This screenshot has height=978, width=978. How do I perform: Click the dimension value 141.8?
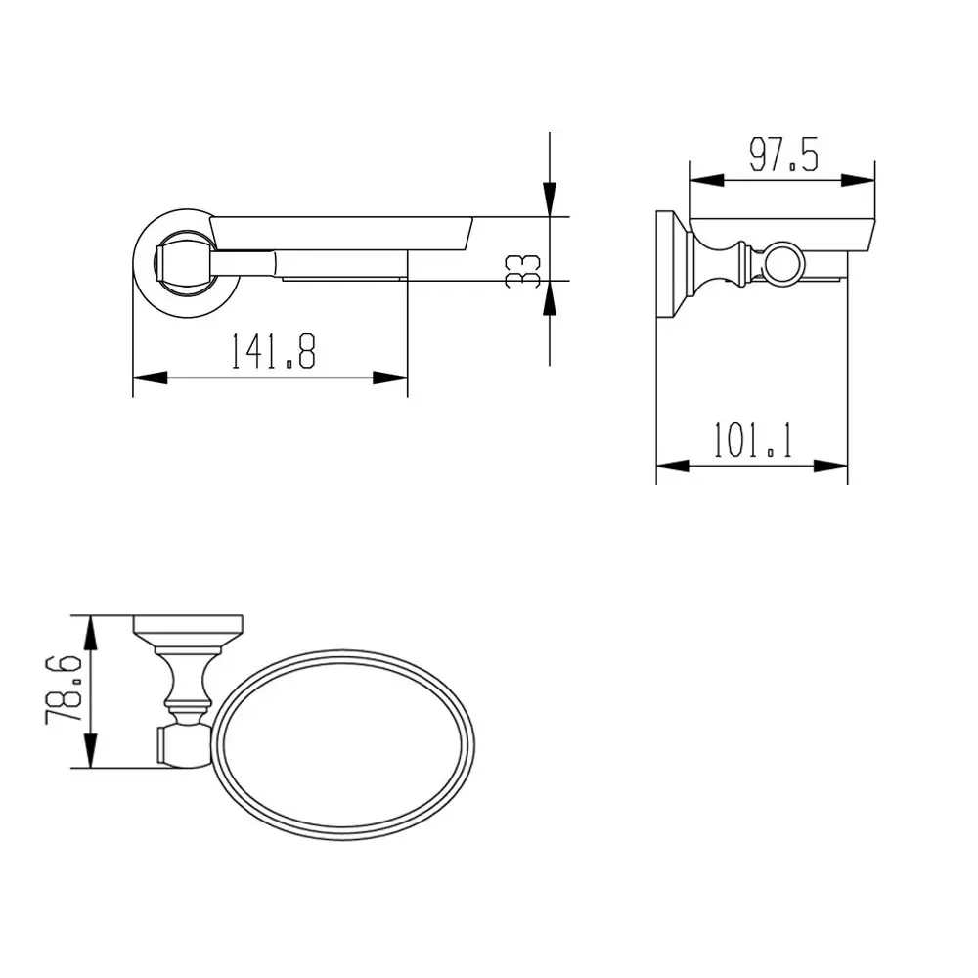pos(273,352)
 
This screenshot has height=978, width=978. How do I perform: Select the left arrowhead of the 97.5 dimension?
pos(706,180)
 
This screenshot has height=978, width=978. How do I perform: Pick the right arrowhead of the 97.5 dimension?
pos(860,180)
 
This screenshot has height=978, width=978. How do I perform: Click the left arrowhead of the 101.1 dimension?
pos(671,467)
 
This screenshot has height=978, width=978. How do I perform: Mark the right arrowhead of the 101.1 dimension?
pos(832,467)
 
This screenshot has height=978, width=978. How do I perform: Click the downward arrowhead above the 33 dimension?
pos(551,200)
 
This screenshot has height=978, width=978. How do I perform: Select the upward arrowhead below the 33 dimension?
pos(551,297)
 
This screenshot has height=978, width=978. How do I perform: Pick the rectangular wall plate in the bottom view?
pos(188,624)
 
